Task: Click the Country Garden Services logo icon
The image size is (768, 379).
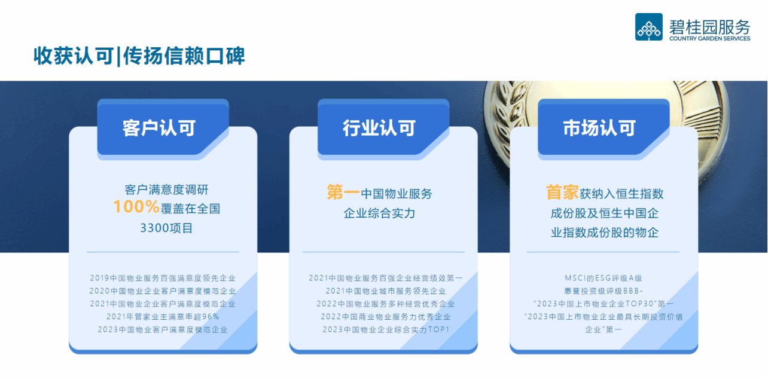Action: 649,27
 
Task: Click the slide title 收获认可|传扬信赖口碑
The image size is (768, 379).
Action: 139,56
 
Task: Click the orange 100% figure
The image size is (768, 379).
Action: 136,207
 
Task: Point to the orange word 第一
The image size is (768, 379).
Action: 343,192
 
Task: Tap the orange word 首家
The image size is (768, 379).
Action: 562,192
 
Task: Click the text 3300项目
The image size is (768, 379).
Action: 166,228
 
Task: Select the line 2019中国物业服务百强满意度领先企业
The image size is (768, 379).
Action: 163,278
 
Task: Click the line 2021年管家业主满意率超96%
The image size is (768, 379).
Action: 163,317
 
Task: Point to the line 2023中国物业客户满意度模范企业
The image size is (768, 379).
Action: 163,329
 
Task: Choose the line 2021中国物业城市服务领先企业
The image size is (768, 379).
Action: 386,291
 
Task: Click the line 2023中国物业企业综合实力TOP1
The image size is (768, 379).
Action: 386,329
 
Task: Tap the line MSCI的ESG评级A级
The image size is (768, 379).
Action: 604,278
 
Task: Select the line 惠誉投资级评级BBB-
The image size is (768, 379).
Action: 604,291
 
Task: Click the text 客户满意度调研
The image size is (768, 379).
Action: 166,189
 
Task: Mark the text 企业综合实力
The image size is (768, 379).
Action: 380,213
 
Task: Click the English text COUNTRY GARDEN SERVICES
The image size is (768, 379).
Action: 710,39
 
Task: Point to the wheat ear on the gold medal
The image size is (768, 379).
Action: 504,117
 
